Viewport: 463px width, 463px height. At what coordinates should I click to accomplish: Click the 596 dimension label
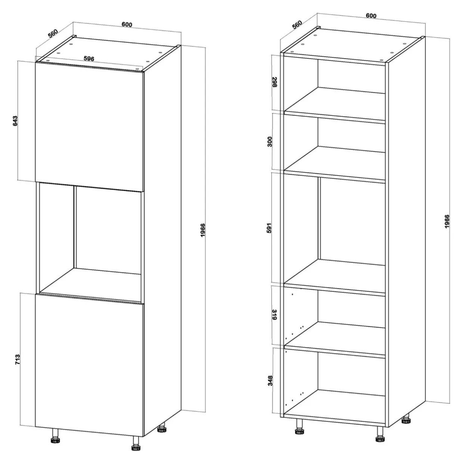(88, 58)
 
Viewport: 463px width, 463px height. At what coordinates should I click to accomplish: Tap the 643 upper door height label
(15, 121)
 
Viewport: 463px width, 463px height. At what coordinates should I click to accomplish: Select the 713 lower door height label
(18, 360)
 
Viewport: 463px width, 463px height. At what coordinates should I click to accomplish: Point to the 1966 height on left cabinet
(203, 230)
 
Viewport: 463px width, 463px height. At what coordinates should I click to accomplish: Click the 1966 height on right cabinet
(447, 221)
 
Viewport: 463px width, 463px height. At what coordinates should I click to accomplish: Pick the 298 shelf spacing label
(275, 82)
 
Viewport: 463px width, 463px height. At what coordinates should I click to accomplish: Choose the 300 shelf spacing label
(270, 142)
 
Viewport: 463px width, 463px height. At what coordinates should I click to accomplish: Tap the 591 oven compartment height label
(269, 228)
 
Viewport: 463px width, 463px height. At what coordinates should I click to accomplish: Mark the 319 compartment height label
(275, 314)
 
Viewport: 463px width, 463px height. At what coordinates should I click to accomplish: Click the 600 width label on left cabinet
(127, 25)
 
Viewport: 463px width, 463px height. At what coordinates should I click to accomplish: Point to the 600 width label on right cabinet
(371, 16)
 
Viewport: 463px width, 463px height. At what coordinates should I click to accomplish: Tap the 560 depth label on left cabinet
(53, 33)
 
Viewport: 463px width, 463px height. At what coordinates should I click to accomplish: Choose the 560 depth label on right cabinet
(297, 25)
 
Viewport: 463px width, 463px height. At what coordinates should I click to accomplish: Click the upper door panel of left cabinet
(89, 127)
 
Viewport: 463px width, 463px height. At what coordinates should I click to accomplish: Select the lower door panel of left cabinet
(89, 365)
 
